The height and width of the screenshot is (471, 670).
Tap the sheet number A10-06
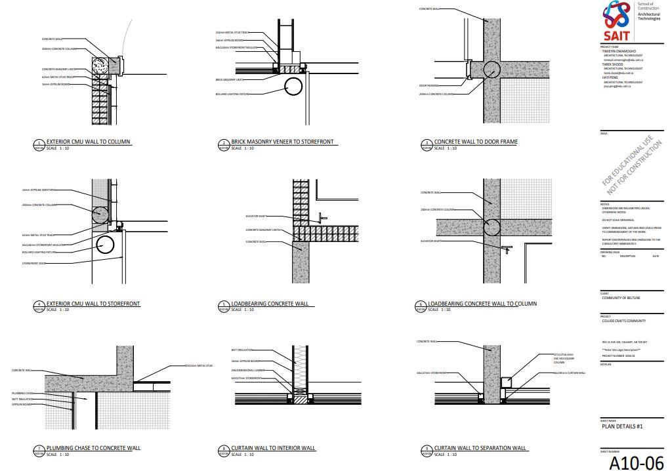pos(636,462)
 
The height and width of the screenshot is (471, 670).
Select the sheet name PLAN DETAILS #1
pos(622,426)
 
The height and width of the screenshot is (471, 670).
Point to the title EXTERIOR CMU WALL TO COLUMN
pos(88,142)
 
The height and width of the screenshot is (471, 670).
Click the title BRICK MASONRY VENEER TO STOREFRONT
pos(282,142)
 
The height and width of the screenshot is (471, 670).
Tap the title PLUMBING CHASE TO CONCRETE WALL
pos(93,448)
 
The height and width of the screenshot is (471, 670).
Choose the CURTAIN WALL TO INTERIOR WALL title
pos(273,448)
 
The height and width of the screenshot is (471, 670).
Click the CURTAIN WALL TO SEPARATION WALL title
pos(480,448)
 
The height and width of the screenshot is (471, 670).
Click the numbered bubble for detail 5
pos(223,305)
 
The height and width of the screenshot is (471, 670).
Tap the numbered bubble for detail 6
pos(421,305)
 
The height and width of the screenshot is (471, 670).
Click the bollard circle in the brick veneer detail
pos(293,86)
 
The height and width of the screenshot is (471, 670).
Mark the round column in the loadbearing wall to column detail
pos(492,228)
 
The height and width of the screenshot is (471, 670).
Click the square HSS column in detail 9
pos(507,382)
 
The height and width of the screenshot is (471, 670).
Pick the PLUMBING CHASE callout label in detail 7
pos(22,394)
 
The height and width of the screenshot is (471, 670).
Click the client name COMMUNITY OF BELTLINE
pos(621,298)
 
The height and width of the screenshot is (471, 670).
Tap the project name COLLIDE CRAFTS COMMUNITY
pos(623,321)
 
